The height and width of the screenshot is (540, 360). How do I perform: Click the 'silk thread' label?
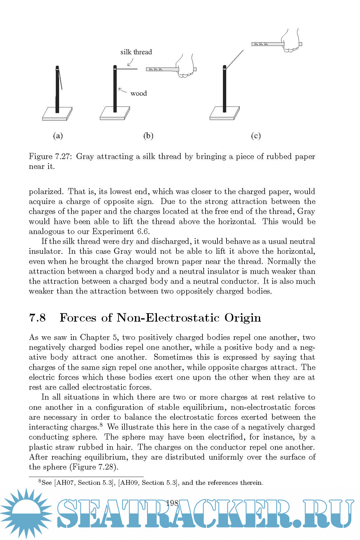[x=136, y=52]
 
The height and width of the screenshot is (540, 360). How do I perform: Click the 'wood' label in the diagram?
[x=139, y=94]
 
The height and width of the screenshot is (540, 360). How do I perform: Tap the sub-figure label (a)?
[x=58, y=136]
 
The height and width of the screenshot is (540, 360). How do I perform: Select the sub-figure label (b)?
[x=148, y=136]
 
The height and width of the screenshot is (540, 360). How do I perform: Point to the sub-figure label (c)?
[x=256, y=136]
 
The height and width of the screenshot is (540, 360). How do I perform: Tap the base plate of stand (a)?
[x=57, y=114]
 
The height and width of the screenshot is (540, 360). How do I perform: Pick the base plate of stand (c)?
[x=224, y=114]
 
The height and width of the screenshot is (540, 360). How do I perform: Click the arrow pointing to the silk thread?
[x=130, y=62]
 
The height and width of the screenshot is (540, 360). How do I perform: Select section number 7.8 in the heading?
[x=37, y=318]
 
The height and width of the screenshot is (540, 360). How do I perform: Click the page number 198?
[x=172, y=503]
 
